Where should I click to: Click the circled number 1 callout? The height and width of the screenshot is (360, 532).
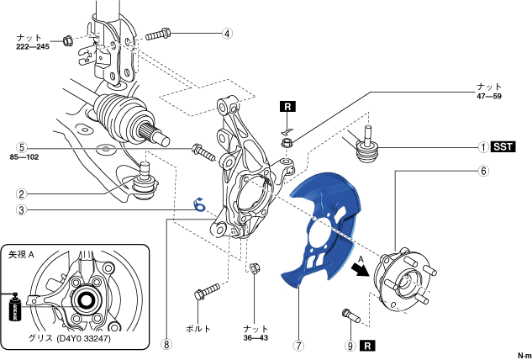[x=483, y=146]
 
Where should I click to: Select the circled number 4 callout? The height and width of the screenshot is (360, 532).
[x=226, y=34]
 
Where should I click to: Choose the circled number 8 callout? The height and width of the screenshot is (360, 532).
[x=166, y=344]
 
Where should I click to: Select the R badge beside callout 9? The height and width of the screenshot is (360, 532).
[x=367, y=344]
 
